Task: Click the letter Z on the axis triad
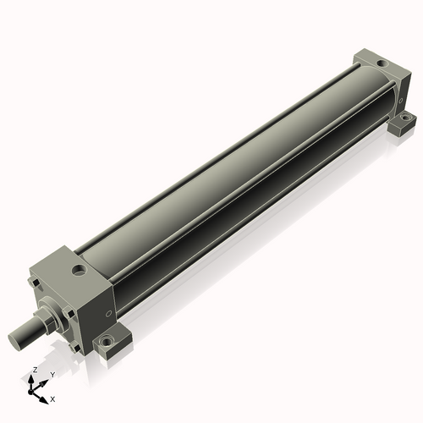36,370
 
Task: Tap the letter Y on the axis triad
52,375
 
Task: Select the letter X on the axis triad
52,399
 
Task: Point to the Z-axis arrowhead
30,380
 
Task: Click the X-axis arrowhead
43,400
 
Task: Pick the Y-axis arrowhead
43,383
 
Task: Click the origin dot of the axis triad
30,393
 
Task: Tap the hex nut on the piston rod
42,319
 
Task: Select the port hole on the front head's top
78,270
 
